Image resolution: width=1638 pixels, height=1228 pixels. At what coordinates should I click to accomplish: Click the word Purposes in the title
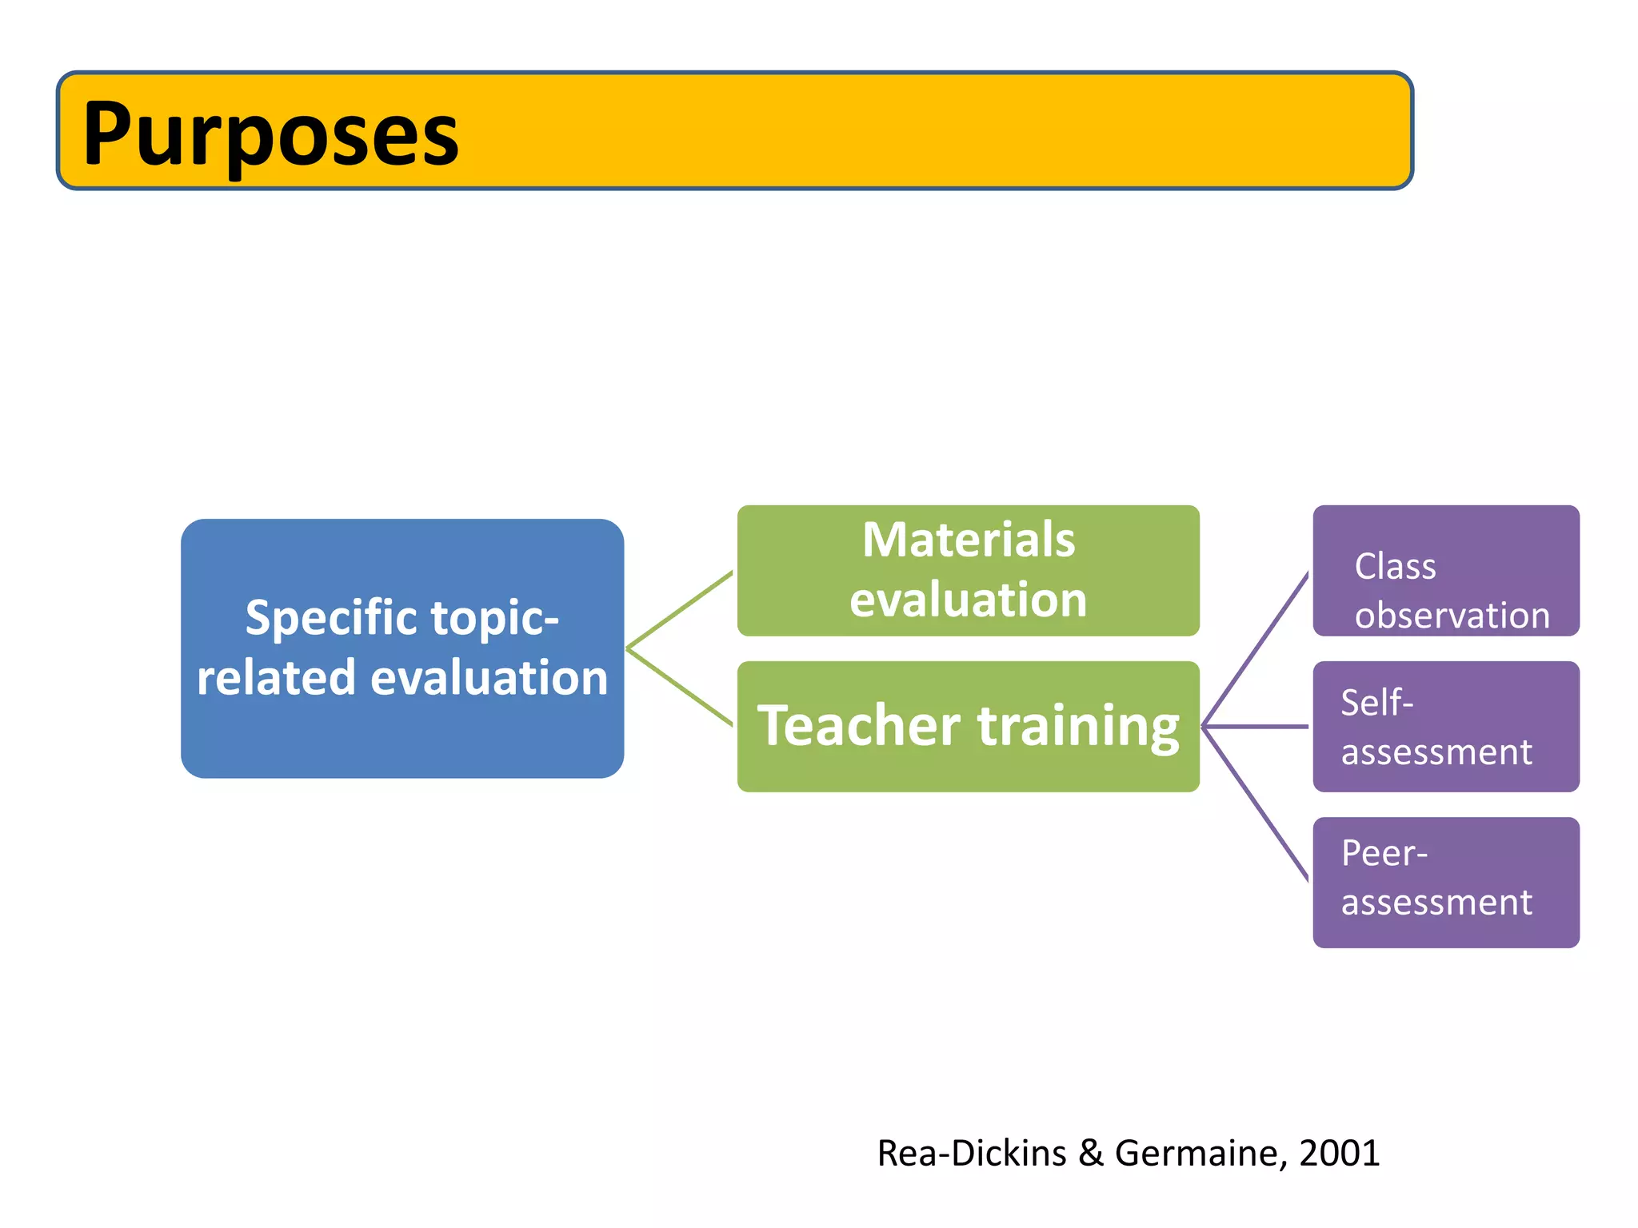coord(270,134)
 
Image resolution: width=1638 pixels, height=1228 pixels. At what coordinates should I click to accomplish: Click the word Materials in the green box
coord(969,540)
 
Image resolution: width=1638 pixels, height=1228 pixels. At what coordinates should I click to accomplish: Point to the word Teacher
coord(859,725)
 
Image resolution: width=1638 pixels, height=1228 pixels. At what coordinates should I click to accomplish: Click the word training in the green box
coord(1078,727)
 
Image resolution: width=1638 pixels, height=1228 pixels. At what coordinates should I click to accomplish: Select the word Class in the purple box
coord(1395,566)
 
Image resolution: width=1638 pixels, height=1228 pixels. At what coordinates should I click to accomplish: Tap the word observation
coord(1452,616)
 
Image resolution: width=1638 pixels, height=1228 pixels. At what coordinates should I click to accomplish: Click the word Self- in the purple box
coord(1376,703)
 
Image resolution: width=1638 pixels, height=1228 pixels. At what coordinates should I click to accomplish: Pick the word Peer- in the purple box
coord(1384,853)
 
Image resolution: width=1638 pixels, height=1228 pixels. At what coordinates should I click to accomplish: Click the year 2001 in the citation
coord(1340,1153)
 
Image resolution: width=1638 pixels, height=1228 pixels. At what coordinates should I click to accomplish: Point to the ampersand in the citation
coord(1090,1153)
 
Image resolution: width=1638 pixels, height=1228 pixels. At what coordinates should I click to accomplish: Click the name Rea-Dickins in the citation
coord(972,1153)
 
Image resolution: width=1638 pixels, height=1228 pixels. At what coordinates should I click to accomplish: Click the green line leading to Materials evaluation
coord(680,608)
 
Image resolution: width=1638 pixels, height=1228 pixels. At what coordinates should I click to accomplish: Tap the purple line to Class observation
coord(1256,648)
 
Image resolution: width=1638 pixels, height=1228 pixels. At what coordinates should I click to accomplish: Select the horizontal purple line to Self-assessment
coord(1256,727)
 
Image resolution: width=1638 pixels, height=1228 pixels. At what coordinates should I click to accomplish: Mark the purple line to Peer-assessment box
coord(1256,804)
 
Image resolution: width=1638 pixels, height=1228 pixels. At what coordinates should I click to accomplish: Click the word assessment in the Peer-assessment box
coord(1436,903)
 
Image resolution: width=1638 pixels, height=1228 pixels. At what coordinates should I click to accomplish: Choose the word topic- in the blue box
coord(494,618)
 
